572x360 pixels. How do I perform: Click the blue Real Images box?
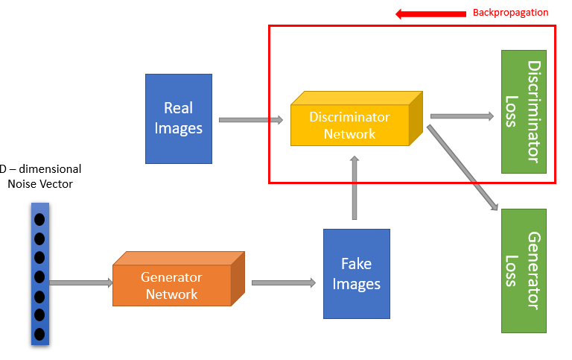coord(179,119)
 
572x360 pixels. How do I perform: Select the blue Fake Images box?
coord(357,274)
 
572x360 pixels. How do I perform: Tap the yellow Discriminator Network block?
coord(357,119)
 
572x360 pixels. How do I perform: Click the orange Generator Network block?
coord(179,279)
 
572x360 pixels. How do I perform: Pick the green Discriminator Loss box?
coord(524,112)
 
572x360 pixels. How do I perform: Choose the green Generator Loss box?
coord(524,271)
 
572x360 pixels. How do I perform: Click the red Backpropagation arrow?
coord(430,14)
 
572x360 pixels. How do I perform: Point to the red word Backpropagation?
coord(510,13)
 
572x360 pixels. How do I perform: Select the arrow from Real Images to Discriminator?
coord(251,120)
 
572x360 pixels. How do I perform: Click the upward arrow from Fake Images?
coord(355,188)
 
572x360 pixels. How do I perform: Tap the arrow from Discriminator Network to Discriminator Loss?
coord(463,116)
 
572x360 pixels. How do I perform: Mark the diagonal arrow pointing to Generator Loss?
coord(463,168)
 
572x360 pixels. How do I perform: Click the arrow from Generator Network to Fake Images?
coord(284,282)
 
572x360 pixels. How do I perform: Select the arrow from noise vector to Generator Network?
coord(81,282)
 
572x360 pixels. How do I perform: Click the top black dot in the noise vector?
coord(39,220)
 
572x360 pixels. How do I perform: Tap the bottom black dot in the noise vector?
coord(39,334)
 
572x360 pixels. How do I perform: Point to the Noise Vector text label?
coord(40,183)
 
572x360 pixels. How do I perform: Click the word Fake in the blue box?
coord(357,264)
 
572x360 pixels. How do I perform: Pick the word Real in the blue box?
coord(179,108)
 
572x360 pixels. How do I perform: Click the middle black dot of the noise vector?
coord(39,277)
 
